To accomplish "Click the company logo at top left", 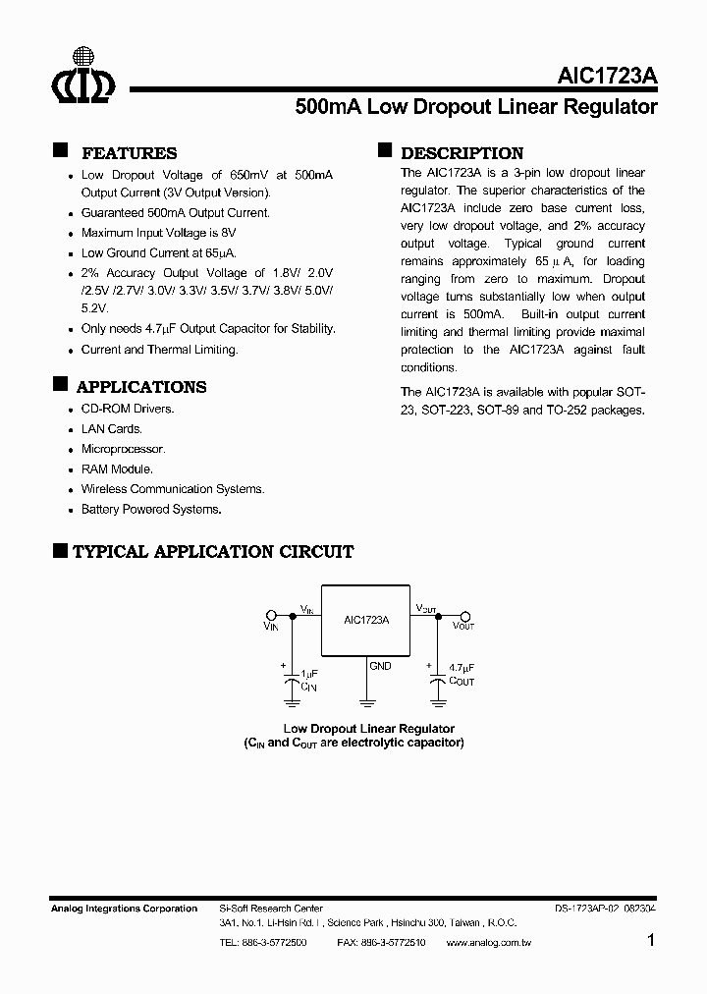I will click(x=83, y=77).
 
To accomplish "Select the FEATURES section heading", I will click(x=129, y=153).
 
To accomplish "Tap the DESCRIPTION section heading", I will click(x=462, y=153).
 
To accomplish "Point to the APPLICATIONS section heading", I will click(x=140, y=387).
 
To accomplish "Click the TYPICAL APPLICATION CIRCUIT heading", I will click(x=212, y=552).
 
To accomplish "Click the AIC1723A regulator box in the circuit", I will click(x=366, y=621).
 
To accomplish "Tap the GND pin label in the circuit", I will click(x=380, y=666).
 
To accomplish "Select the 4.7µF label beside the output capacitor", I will click(x=461, y=667).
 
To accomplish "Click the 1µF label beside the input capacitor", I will click(x=308, y=673).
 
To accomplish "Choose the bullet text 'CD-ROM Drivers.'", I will click(x=127, y=409).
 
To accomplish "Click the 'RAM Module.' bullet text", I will click(x=117, y=469).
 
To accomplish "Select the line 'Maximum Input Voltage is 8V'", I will click(x=158, y=233).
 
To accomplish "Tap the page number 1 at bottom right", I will click(x=650, y=941).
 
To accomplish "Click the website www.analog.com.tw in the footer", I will click(x=487, y=942).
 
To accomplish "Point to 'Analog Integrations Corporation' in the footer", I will click(x=124, y=909).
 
